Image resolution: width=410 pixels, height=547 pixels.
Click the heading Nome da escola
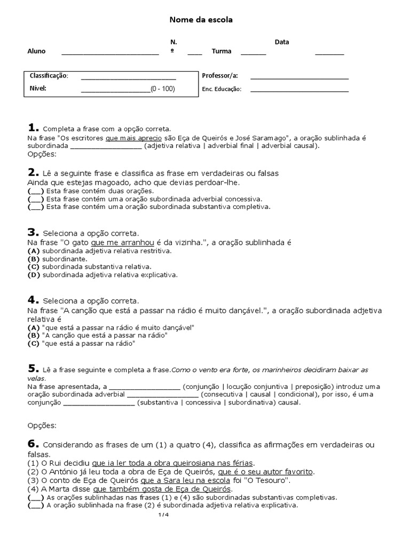(x=201, y=20)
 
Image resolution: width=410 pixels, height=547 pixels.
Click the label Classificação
(x=49, y=76)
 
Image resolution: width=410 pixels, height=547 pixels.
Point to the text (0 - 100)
(x=162, y=89)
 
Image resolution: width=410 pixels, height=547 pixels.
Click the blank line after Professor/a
(x=299, y=77)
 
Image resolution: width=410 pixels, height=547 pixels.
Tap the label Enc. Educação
(x=222, y=89)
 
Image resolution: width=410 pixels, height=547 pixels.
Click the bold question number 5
(x=33, y=369)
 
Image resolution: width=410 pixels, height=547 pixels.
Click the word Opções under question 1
(x=42, y=154)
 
